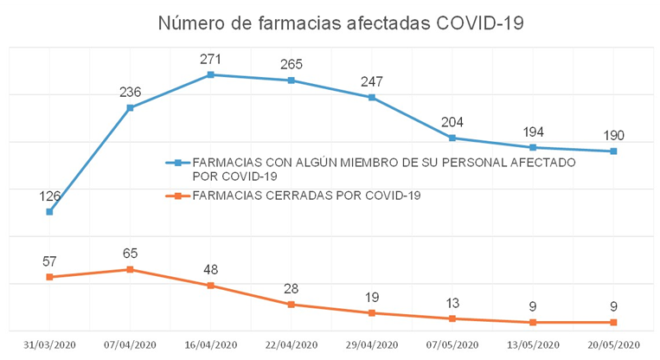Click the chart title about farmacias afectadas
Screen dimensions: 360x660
tap(341, 23)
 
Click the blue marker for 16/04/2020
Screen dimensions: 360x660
tap(210, 75)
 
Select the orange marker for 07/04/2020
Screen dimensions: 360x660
tap(130, 269)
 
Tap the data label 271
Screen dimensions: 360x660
tap(210, 59)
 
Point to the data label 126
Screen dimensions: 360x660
tap(49, 196)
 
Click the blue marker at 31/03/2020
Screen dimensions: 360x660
tap(49, 212)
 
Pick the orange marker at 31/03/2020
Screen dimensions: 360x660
tap(49, 277)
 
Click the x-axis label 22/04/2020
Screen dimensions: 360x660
tap(292, 344)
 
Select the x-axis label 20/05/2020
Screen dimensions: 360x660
tap(613, 344)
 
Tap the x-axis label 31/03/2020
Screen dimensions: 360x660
tap(49, 344)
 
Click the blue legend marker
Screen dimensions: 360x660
tap(176, 163)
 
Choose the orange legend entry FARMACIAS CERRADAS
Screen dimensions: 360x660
tap(306, 195)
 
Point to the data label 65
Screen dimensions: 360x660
tap(130, 254)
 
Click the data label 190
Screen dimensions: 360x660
tap(613, 135)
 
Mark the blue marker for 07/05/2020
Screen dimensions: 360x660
tap(452, 138)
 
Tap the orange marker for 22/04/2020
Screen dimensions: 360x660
tap(292, 305)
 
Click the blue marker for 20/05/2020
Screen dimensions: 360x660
tap(613, 151)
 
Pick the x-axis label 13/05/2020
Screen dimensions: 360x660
tap(533, 344)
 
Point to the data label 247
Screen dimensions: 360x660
tap(372, 81)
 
